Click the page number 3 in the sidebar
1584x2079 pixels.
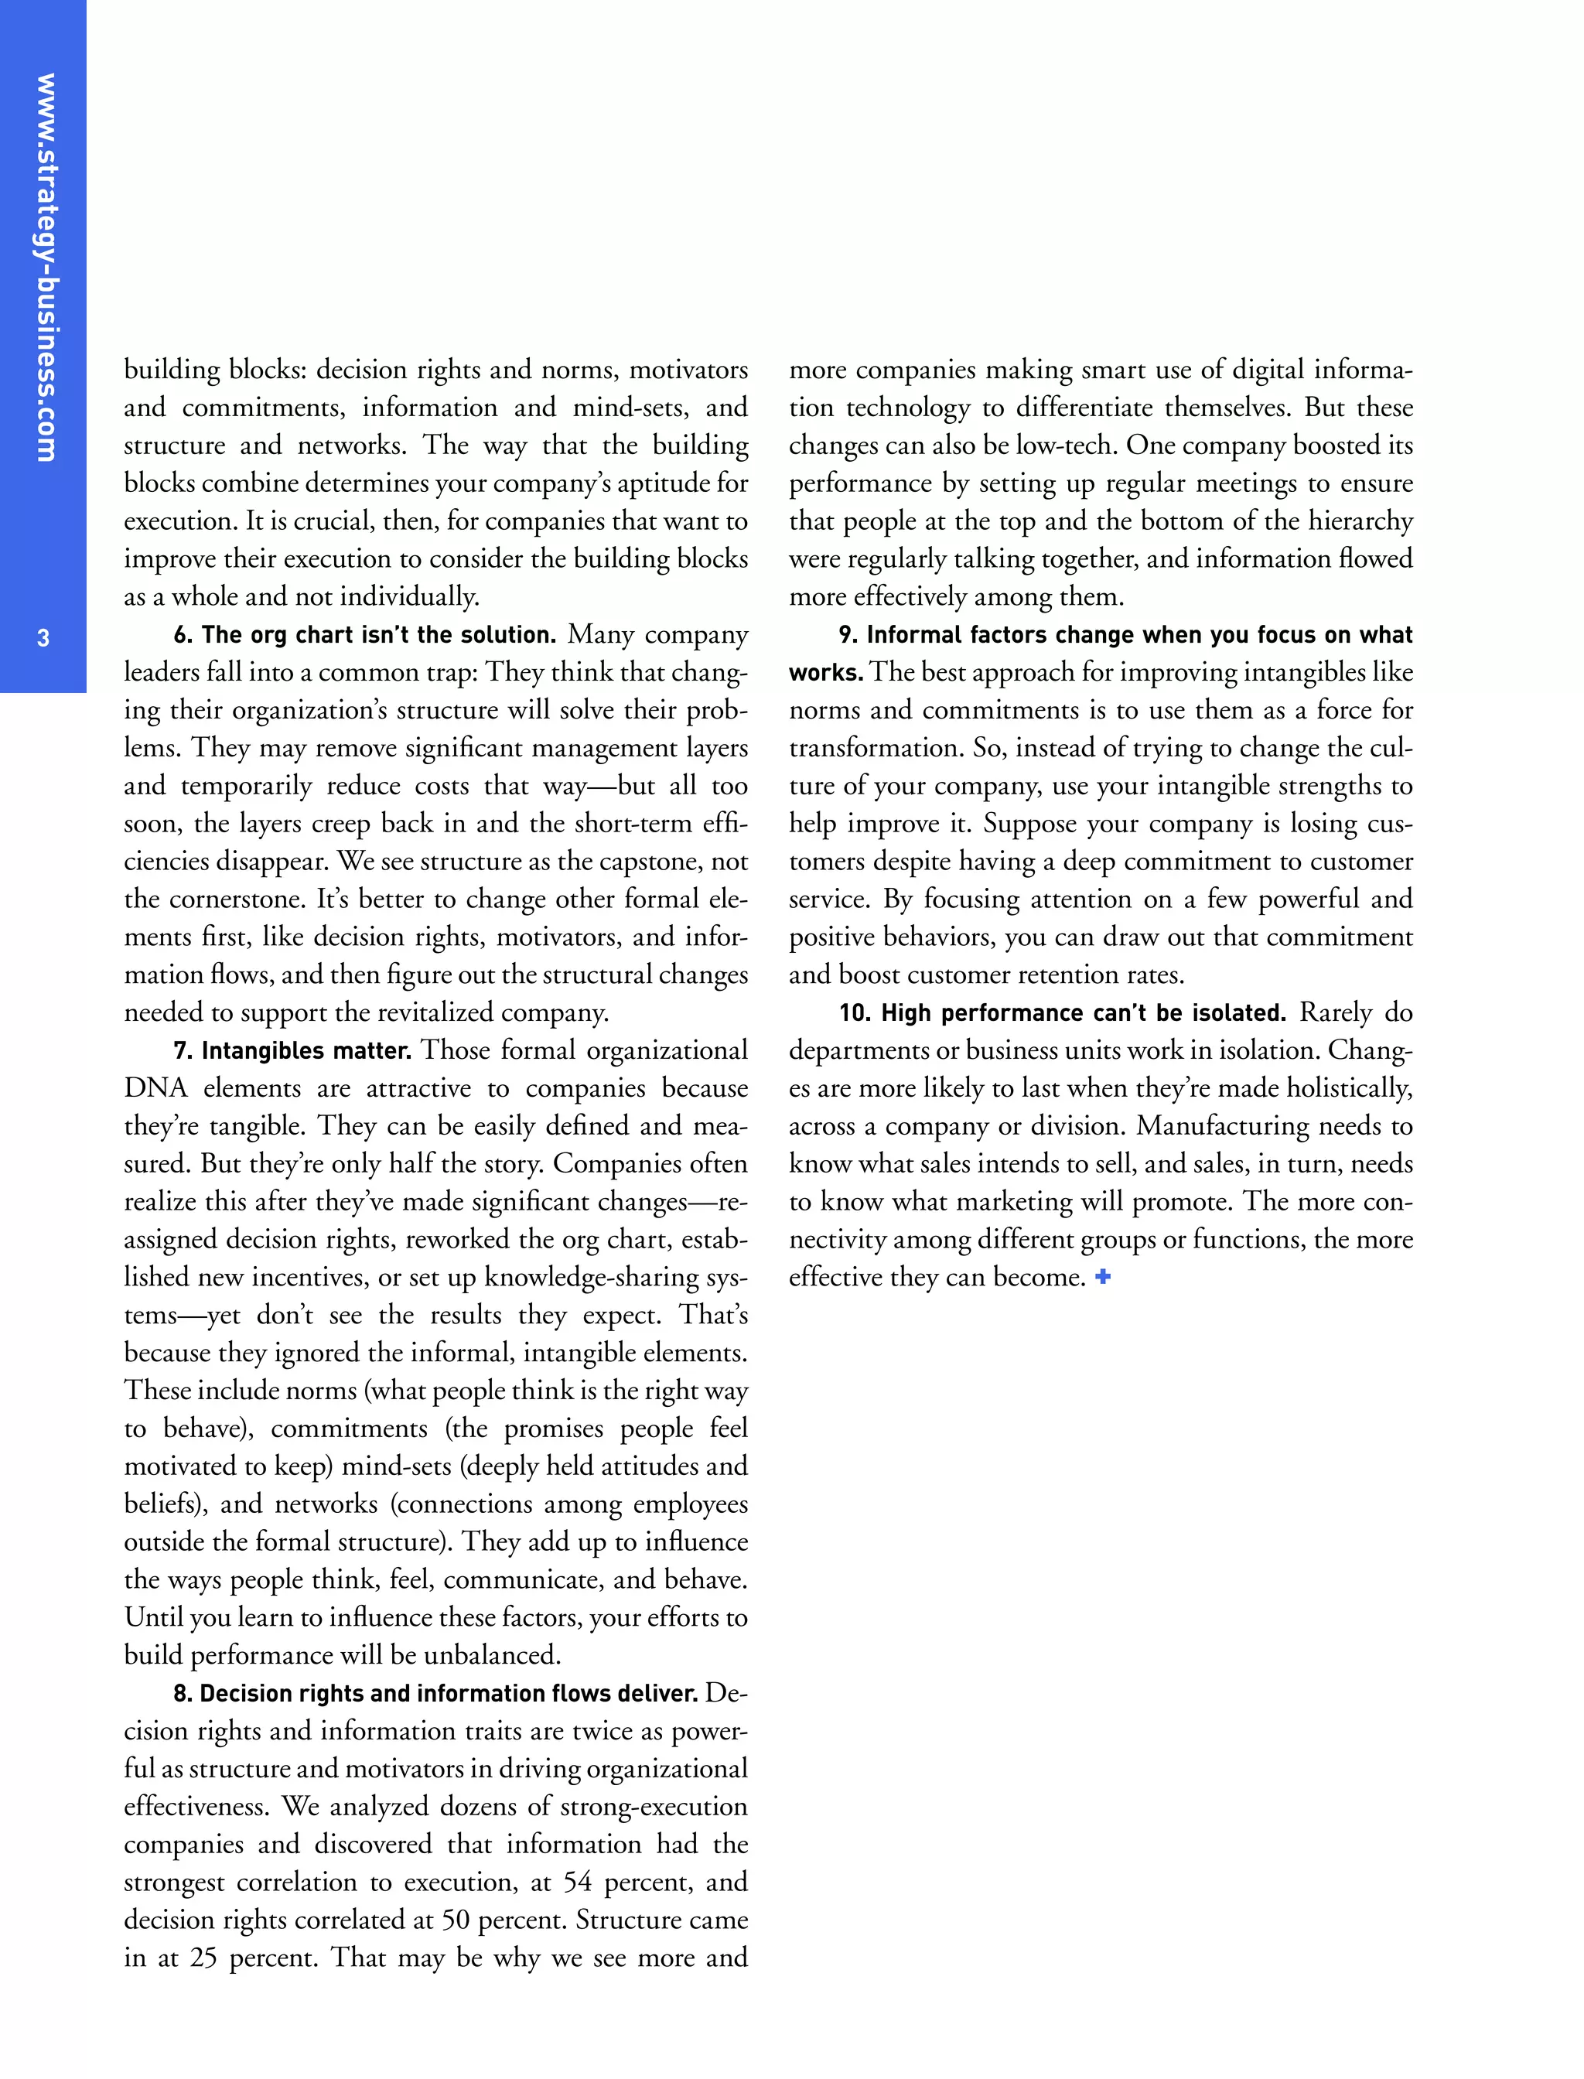click(43, 638)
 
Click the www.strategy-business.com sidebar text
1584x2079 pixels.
click(44, 268)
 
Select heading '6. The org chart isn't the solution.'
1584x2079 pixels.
click(365, 634)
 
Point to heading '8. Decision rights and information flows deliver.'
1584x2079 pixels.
click(435, 1693)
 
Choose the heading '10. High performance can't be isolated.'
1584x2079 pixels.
click(1063, 1012)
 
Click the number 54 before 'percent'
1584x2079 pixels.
click(577, 1882)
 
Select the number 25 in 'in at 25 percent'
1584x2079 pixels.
click(203, 1958)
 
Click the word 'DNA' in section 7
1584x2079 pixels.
click(155, 1088)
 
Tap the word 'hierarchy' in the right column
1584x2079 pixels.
click(1360, 521)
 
